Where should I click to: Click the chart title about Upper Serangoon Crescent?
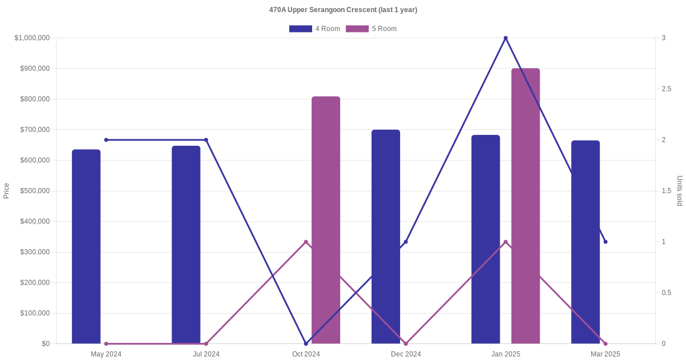click(343, 10)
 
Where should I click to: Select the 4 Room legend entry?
click(314, 29)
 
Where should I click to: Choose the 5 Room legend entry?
click(371, 29)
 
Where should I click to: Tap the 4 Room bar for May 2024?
click(86, 246)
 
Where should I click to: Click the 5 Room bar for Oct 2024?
click(326, 220)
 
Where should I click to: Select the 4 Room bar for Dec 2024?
click(386, 237)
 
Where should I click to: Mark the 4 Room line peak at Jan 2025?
click(505, 38)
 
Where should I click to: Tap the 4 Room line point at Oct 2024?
click(306, 343)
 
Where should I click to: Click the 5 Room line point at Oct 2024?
click(306, 242)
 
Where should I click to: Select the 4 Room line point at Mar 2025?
click(605, 242)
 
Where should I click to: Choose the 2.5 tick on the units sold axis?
click(667, 89)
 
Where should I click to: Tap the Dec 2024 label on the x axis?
click(406, 354)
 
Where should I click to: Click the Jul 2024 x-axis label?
click(206, 354)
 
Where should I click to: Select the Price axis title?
click(6, 191)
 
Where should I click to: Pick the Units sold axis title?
click(680, 191)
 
